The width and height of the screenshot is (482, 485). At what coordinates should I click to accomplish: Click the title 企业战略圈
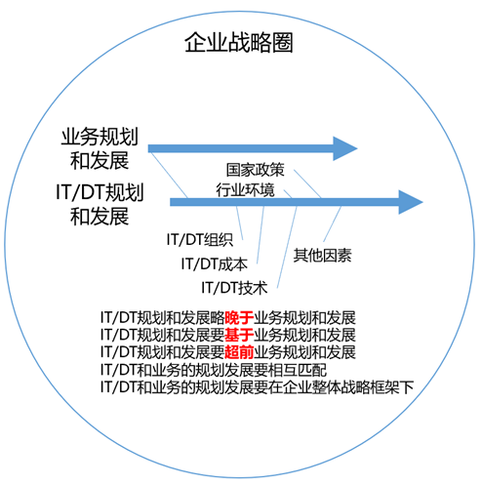point(239,43)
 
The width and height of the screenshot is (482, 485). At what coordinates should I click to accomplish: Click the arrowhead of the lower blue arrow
point(411,202)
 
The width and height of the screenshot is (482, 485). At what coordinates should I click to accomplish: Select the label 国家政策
point(256,170)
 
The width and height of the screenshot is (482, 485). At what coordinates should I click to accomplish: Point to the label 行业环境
point(245,189)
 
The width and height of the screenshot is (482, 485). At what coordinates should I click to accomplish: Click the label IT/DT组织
point(200,240)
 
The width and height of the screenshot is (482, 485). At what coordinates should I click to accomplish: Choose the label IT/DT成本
point(215,263)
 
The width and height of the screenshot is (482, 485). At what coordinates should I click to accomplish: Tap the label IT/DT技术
point(234,288)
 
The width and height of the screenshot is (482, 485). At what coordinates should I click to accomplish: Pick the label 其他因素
point(323,256)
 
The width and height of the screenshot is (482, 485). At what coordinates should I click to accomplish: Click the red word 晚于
point(239,318)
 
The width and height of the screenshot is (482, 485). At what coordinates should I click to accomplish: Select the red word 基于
point(239,335)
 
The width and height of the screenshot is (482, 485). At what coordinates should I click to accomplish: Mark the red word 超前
point(239,352)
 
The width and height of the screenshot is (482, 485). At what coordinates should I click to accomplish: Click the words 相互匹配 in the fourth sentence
point(298,370)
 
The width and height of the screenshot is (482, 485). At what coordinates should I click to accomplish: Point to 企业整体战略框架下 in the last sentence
point(348,387)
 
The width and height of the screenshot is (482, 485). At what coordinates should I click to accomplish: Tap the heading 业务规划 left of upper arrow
point(100,137)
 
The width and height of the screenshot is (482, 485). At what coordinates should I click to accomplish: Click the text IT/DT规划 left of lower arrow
point(100,192)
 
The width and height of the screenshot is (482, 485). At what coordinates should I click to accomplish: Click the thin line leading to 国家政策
point(307,183)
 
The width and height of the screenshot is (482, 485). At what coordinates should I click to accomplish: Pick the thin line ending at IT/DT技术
point(287,247)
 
